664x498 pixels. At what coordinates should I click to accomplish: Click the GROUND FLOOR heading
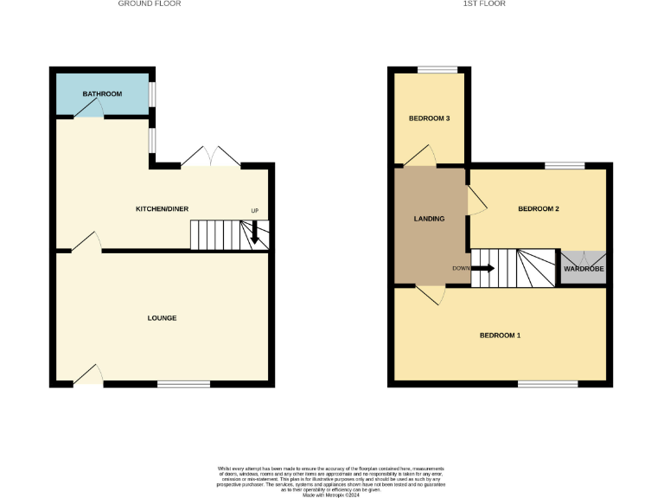point(150,3)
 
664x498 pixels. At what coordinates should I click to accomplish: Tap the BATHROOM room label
point(102,93)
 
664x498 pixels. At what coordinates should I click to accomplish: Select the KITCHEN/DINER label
point(162,209)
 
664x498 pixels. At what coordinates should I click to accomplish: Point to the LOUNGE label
point(162,318)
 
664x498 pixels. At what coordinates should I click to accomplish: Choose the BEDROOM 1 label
point(500,335)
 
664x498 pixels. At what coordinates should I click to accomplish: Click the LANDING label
point(429,219)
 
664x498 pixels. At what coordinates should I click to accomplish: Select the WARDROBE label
point(584,270)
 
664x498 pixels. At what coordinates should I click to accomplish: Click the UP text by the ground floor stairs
point(254,212)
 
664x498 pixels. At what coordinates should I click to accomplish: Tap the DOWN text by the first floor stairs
point(461,268)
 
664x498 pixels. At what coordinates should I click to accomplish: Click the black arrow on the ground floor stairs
point(254,232)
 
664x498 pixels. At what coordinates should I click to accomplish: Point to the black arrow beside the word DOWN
point(482,268)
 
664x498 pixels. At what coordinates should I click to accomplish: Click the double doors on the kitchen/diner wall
point(211,156)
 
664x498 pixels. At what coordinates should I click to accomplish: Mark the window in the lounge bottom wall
point(183,384)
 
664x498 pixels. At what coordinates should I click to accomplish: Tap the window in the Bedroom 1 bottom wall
point(547,383)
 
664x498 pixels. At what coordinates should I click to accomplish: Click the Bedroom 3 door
point(420,156)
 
